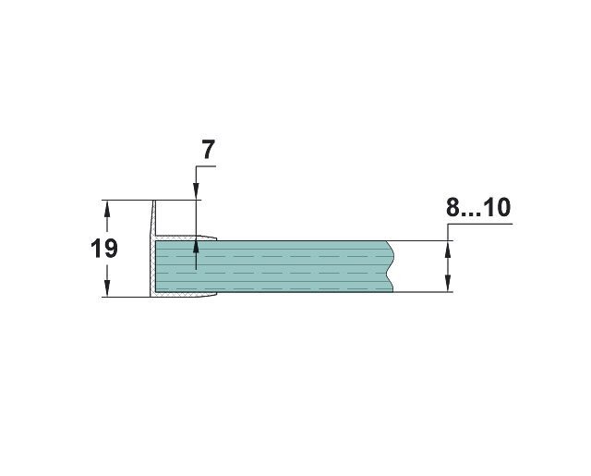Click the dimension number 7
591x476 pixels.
(x=209, y=150)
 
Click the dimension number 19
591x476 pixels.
(x=104, y=249)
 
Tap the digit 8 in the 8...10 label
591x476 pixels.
(x=452, y=207)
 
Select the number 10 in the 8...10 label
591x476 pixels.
(x=497, y=207)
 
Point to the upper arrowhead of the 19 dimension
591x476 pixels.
(x=107, y=208)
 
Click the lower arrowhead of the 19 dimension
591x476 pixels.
(x=107, y=288)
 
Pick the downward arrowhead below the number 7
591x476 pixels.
(x=196, y=191)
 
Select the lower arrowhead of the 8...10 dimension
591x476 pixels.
(x=448, y=284)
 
